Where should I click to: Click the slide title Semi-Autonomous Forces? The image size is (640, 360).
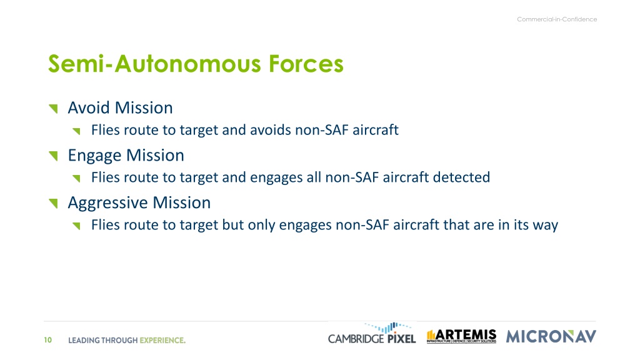pyautogui.click(x=196, y=64)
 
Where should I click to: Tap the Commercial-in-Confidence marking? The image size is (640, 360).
pyautogui.click(x=557, y=19)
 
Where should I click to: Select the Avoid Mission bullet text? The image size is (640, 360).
pyautogui.click(x=120, y=107)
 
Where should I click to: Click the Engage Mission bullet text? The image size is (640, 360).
pyautogui.click(x=126, y=156)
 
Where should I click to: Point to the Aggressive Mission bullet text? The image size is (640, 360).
pyautogui.click(x=139, y=203)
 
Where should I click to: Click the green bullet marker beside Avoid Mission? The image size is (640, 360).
pyautogui.click(x=53, y=109)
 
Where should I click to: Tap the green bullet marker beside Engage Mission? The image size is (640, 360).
pyautogui.click(x=53, y=156)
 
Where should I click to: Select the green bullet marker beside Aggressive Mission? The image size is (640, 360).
pyautogui.click(x=53, y=203)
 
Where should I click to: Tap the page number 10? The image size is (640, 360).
pyautogui.click(x=47, y=340)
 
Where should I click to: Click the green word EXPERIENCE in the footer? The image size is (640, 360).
pyautogui.click(x=162, y=341)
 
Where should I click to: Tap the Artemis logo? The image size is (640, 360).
pyautogui.click(x=461, y=336)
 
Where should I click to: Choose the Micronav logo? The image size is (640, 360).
pyautogui.click(x=551, y=336)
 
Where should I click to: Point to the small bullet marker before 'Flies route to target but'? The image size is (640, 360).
pyautogui.click(x=76, y=226)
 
